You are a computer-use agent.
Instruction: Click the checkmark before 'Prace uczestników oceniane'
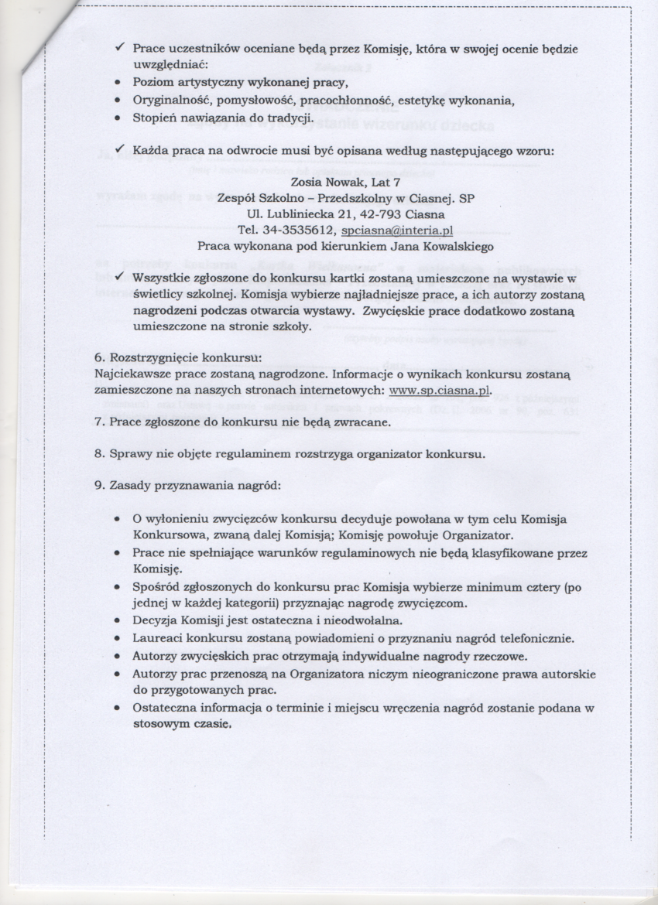tap(121, 48)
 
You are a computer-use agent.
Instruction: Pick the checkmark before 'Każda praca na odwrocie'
tap(121, 149)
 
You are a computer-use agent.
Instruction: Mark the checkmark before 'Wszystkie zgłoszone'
tap(121, 276)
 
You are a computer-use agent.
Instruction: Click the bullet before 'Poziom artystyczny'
tap(117, 82)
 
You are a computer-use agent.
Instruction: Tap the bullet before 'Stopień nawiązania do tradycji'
tap(117, 119)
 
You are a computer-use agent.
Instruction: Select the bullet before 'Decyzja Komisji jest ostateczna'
tap(117, 620)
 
